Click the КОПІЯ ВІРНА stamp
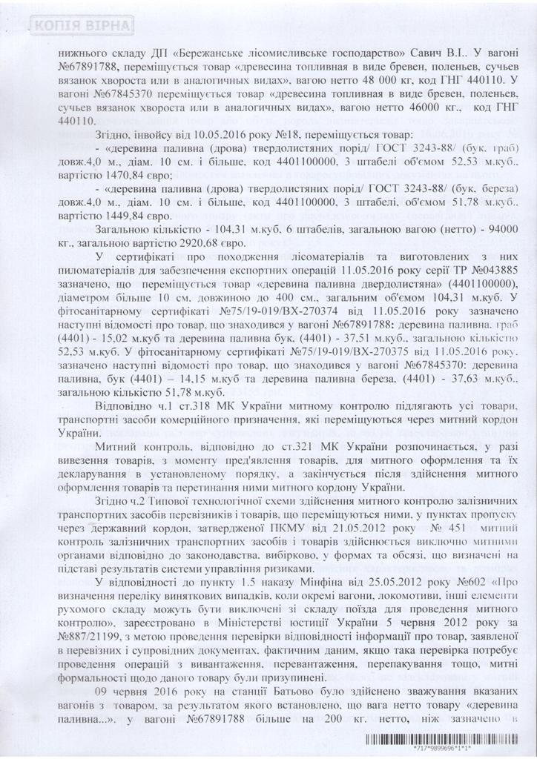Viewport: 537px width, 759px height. click(x=82, y=27)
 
